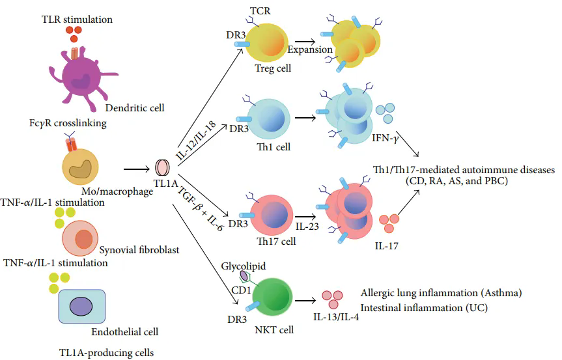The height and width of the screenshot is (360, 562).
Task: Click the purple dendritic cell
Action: [80, 76]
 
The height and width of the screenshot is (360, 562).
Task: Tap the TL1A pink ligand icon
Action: [162, 168]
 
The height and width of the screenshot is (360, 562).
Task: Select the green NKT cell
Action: [272, 298]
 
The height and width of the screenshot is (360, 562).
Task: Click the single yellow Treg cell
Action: [266, 42]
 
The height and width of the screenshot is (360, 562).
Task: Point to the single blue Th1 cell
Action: [268, 119]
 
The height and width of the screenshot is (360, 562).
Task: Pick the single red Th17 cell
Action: [272, 215]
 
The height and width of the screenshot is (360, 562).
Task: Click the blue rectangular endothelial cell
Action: [82, 306]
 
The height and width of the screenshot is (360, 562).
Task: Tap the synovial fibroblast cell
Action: [80, 238]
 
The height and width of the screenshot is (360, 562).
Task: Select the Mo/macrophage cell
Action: [80, 167]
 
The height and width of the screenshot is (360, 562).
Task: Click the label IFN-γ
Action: [386, 138]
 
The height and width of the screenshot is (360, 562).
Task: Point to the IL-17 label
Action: [386, 245]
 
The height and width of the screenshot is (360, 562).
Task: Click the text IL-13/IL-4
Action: [336, 317]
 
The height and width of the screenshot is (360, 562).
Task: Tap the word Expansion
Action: [310, 49]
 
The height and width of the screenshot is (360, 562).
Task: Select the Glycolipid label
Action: [244, 266]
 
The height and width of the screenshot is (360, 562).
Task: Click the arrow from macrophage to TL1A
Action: [137, 169]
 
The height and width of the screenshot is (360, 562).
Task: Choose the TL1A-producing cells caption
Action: [106, 353]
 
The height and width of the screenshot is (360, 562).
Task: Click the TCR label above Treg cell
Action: [260, 11]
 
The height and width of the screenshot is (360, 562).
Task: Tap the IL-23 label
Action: [307, 227]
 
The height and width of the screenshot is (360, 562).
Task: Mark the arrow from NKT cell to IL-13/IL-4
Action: [305, 300]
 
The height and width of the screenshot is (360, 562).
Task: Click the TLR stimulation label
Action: [77, 19]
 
